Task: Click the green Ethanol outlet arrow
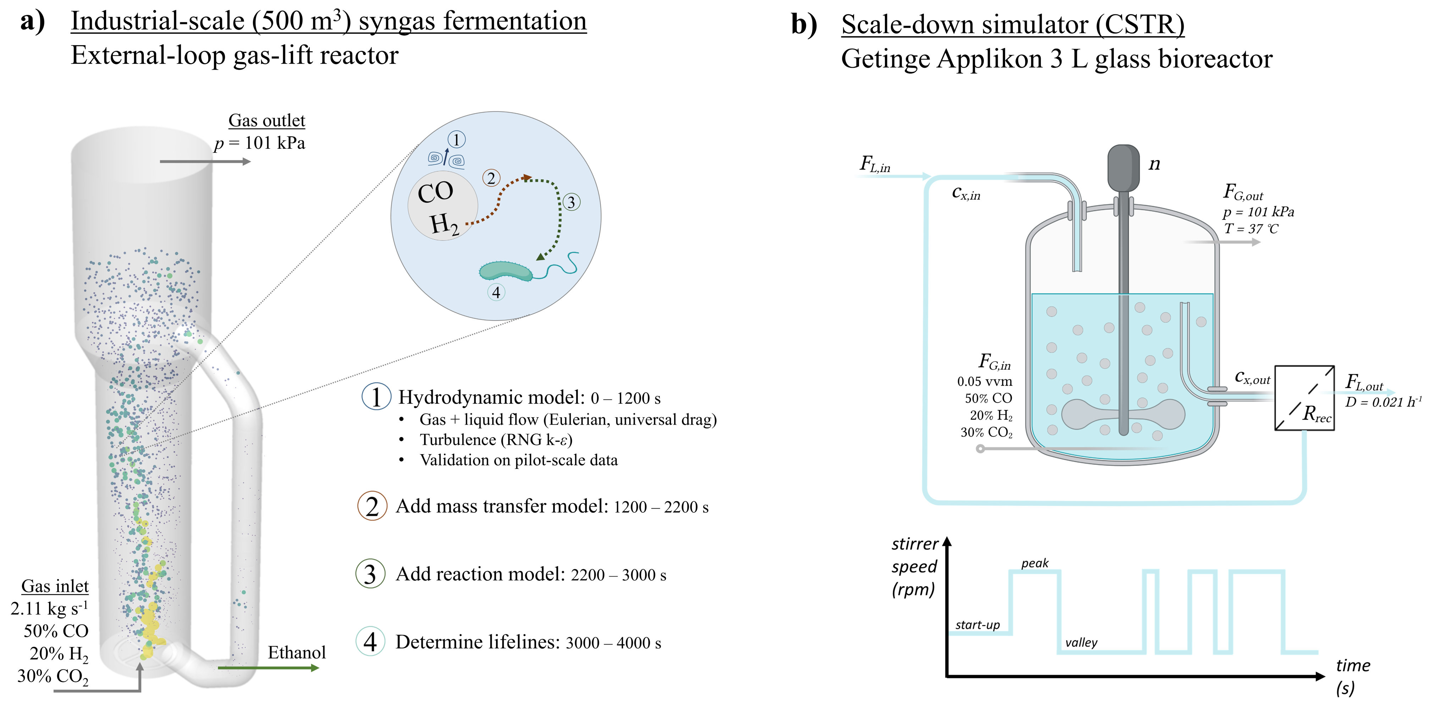269,667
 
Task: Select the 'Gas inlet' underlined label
55,586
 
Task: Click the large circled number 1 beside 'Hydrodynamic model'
376,397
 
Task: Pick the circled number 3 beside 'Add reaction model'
370,574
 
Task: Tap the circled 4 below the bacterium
496,292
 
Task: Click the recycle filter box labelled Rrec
1304,398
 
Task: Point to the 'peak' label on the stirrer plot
1035,563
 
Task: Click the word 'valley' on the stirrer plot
1081,643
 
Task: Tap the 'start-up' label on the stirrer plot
977,625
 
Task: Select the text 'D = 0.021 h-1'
1383,402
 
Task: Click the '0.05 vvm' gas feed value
985,381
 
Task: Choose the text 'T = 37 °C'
1251,229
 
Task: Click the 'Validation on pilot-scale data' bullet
518,460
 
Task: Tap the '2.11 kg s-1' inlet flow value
49,608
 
